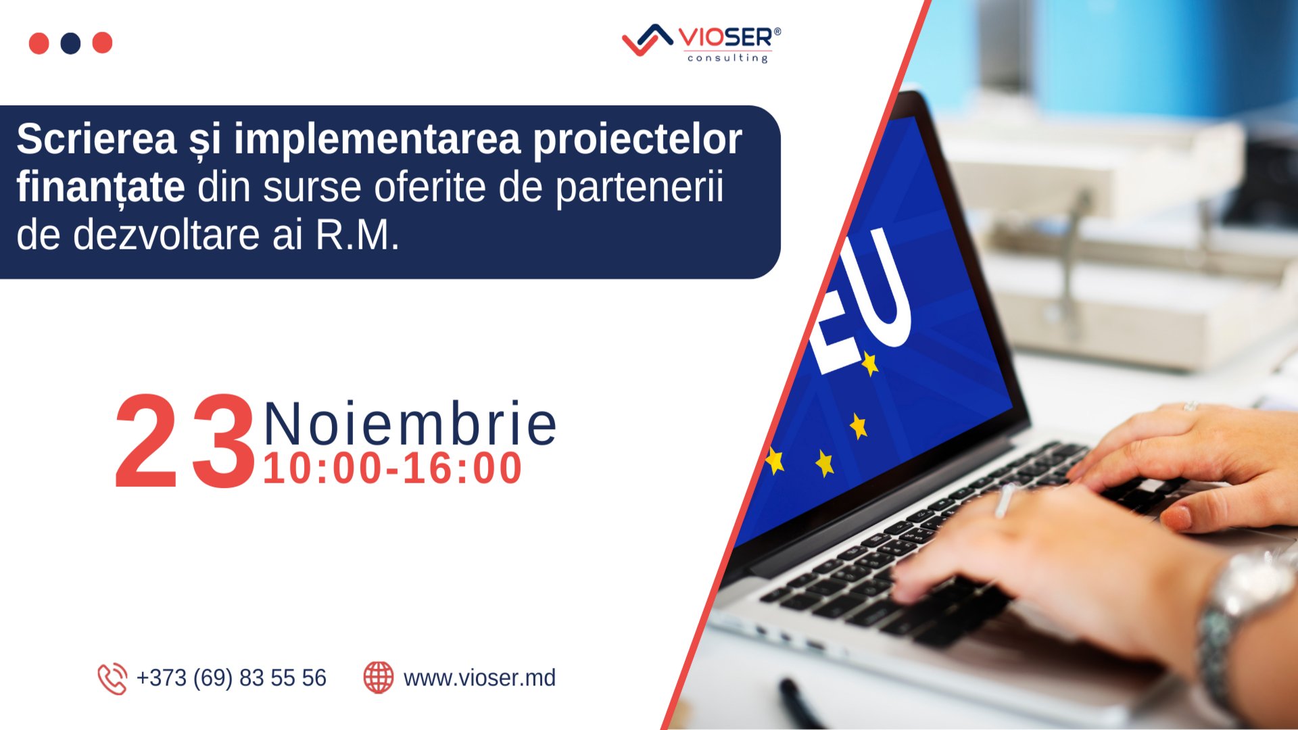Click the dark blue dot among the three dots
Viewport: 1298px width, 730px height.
pos(70,43)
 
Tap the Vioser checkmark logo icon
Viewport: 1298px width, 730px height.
pos(647,40)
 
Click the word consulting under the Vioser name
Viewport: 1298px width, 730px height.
pos(727,58)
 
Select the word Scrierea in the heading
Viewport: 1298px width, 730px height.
pos(97,139)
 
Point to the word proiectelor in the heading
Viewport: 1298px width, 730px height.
pos(637,140)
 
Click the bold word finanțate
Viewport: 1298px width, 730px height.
pos(101,187)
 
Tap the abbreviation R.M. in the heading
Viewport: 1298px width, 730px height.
pos(358,235)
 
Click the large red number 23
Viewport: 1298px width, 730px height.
pos(185,442)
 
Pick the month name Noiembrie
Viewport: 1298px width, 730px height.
pos(410,424)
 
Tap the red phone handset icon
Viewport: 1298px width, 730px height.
pos(112,678)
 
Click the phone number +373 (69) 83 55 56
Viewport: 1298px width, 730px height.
pos(231,678)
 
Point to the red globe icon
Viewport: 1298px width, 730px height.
pos(379,677)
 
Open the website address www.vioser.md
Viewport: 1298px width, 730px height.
pos(479,678)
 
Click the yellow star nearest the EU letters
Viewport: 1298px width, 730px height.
pos(870,363)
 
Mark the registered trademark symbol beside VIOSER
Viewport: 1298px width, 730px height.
pos(777,31)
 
